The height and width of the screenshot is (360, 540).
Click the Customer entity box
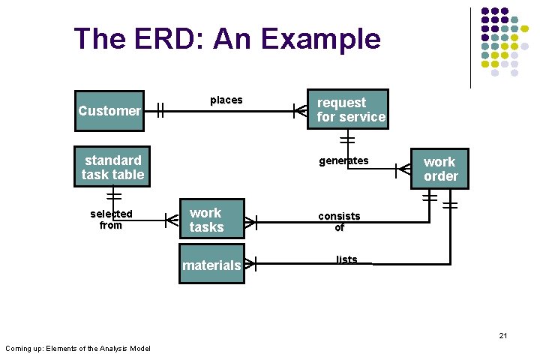click(x=109, y=111)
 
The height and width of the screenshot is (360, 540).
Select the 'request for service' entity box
click(x=348, y=109)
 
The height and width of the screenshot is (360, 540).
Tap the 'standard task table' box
click(x=112, y=166)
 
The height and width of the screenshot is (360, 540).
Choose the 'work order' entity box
click(x=439, y=169)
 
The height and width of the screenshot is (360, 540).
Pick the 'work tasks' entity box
click(x=211, y=220)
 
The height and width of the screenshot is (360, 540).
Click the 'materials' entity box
click(x=211, y=264)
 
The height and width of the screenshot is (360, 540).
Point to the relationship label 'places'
click(x=226, y=100)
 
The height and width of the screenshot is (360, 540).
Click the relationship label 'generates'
click(x=343, y=160)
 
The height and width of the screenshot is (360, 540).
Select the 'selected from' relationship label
click(x=111, y=219)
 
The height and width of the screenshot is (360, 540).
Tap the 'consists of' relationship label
click(x=339, y=221)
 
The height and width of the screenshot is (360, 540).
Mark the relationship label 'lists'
click(x=346, y=259)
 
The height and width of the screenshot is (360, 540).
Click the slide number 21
click(x=503, y=335)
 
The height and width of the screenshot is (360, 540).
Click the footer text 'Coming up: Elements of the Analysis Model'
click(x=78, y=348)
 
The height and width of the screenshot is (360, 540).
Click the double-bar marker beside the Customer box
click(x=160, y=111)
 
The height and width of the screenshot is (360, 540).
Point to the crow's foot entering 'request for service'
click(x=299, y=111)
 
